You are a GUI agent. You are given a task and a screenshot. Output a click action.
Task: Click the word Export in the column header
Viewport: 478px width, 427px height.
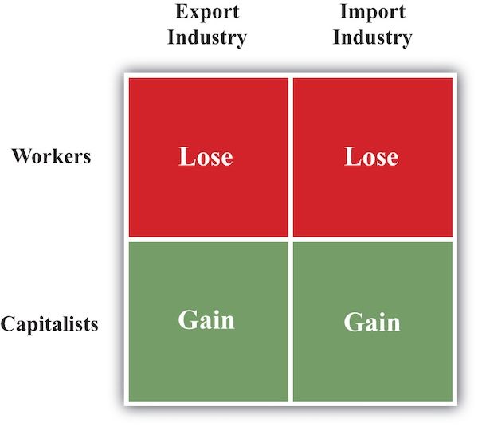[x=206, y=14]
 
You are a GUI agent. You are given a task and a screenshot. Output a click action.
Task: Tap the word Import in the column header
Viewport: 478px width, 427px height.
[x=372, y=14]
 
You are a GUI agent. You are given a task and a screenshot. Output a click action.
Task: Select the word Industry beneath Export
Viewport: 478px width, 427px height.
[x=207, y=37]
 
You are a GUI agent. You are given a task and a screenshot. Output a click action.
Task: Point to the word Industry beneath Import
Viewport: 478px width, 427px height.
[x=372, y=37]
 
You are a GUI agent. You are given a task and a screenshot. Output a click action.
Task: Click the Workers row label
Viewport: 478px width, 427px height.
[x=51, y=155]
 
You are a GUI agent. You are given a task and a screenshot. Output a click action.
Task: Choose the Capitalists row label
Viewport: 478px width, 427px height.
[x=49, y=324]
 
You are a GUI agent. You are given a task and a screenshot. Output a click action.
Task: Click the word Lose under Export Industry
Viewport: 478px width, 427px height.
[x=206, y=156]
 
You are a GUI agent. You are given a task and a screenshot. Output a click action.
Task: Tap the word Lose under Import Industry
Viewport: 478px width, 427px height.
[x=371, y=156]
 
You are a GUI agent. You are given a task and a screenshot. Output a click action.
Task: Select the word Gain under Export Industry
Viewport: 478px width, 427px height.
[x=206, y=319]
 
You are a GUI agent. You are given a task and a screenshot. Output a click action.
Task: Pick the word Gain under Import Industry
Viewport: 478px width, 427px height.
[x=371, y=322]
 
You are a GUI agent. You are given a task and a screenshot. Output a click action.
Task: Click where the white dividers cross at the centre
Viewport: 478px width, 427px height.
[x=290, y=239]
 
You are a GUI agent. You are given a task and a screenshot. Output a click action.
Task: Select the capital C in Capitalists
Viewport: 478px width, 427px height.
[x=7, y=324]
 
